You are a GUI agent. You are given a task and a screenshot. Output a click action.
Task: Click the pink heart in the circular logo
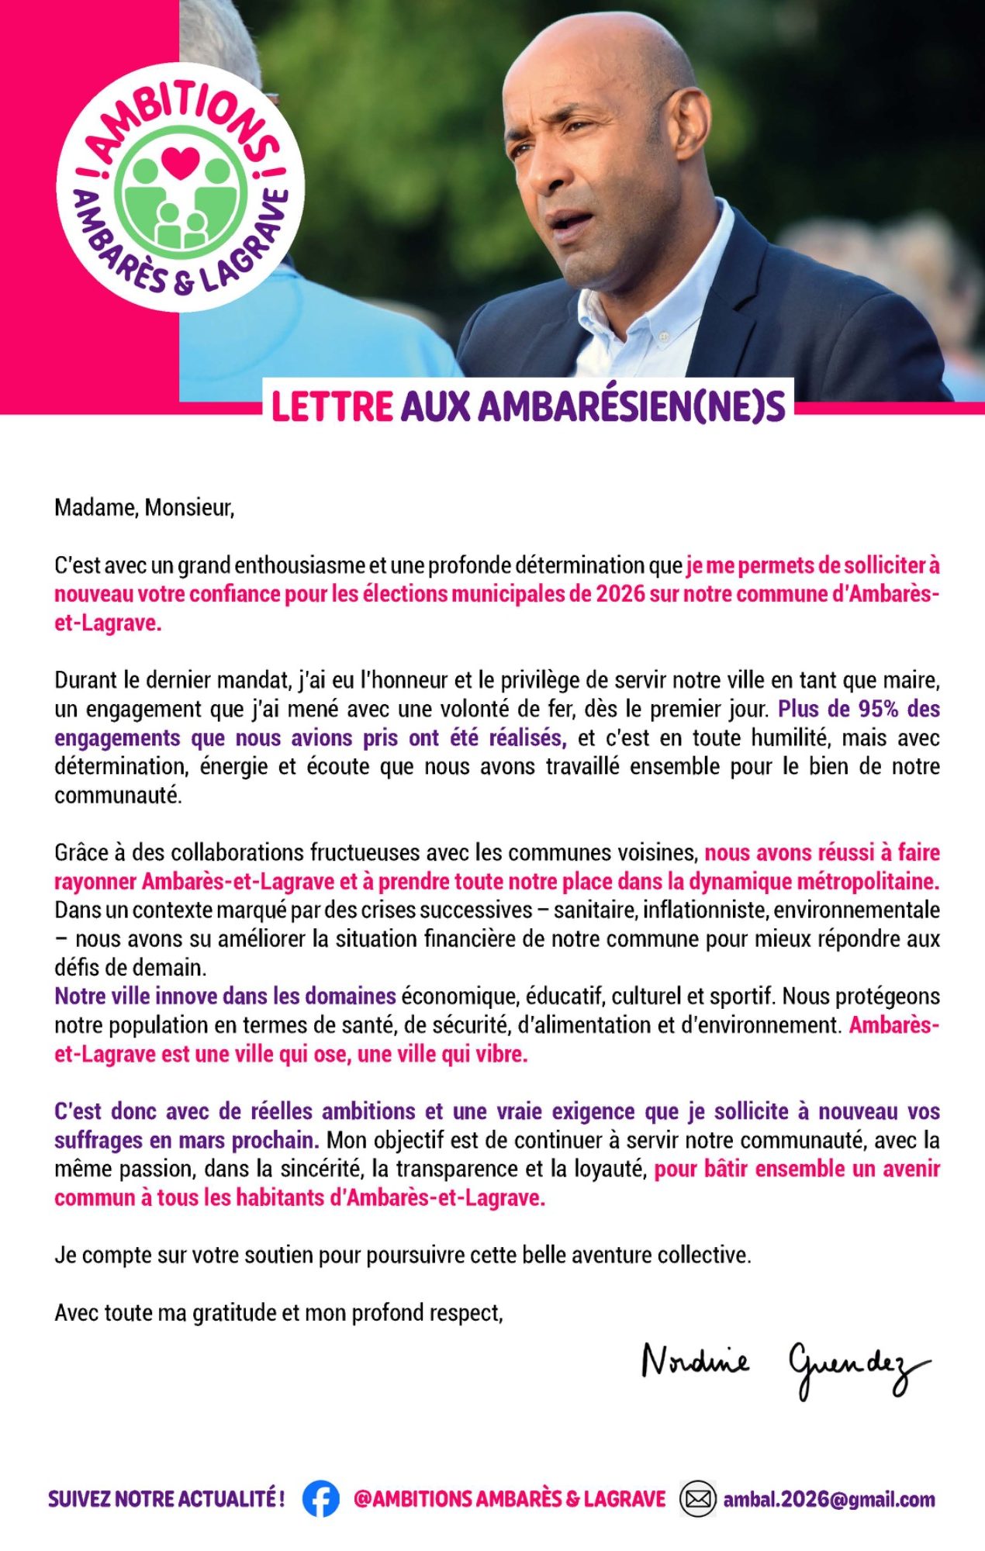(181, 162)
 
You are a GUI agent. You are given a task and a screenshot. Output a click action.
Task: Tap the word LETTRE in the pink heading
(332, 406)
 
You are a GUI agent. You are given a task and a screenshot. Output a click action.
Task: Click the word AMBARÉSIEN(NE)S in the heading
(593, 406)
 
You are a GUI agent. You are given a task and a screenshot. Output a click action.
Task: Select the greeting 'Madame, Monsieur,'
(144, 508)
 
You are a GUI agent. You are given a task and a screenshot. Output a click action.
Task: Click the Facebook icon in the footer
(320, 1499)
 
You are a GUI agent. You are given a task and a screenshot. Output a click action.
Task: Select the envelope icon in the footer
(698, 1499)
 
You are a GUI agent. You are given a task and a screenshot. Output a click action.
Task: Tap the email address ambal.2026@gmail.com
(828, 1500)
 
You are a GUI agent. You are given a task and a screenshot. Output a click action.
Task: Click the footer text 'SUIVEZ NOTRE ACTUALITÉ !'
(166, 1499)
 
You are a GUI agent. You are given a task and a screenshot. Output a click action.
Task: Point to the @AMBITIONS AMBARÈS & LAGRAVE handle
(510, 1499)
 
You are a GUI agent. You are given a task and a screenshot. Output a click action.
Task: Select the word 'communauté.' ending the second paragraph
(118, 796)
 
